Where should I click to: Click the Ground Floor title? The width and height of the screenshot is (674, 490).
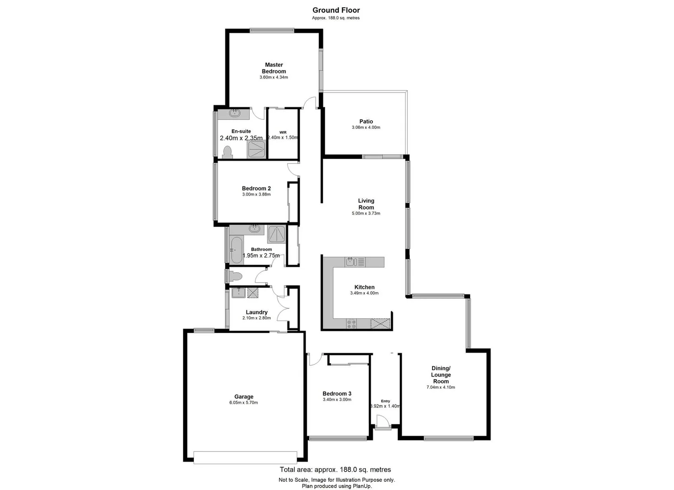click(336, 10)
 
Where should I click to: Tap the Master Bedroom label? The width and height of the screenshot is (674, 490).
click(274, 68)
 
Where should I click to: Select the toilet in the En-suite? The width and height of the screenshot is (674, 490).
click(228, 152)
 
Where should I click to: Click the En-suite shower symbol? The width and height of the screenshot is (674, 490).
click(257, 149)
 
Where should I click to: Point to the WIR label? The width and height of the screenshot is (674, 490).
click(282, 132)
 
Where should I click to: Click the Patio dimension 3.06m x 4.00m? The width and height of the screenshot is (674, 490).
click(366, 127)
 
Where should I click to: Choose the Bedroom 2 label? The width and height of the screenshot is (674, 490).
click(256, 188)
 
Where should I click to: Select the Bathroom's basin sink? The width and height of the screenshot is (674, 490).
click(255, 229)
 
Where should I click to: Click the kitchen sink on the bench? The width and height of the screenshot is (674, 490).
click(350, 262)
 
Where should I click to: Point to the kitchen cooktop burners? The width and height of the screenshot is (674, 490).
click(352, 323)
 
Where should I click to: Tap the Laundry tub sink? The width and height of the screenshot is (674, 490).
click(238, 293)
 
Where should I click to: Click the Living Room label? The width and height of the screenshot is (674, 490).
click(366, 204)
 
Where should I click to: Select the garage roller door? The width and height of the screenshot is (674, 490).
click(245, 457)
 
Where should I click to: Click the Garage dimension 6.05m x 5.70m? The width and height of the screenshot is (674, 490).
click(243, 403)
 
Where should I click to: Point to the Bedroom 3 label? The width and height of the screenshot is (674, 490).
click(337, 393)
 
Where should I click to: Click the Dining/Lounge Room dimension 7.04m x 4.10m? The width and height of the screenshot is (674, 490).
click(441, 387)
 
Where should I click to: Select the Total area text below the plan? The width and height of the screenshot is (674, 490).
click(335, 470)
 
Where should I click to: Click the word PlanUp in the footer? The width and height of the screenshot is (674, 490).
click(362, 486)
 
